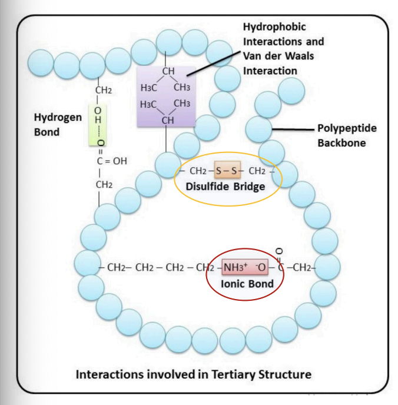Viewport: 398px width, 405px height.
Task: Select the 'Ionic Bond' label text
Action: coord(247,284)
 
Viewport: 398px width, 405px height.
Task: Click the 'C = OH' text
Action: coord(112,161)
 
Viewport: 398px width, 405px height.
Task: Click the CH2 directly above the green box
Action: coord(103,91)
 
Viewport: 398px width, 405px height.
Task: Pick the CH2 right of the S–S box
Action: coord(257,171)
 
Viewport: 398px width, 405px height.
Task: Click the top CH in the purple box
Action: coord(168,71)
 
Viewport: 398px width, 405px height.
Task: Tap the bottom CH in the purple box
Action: coord(168,120)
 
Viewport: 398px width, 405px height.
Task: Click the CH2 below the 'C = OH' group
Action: coord(104,185)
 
